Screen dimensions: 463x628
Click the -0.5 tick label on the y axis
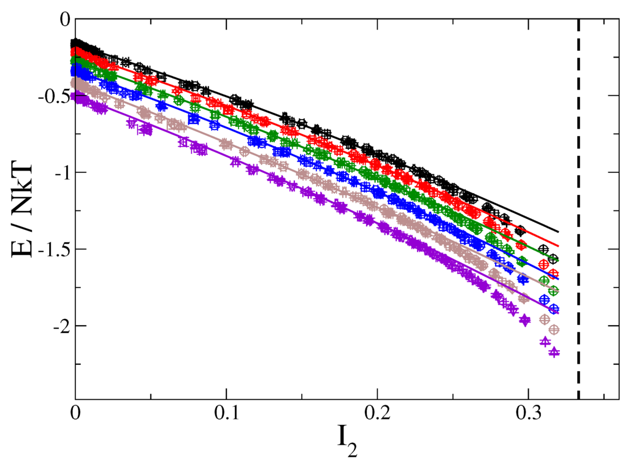tap(52, 96)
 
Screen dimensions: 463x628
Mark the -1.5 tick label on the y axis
tap(52, 250)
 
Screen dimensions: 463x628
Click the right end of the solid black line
tap(559, 232)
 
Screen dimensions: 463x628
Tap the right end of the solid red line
tap(559, 246)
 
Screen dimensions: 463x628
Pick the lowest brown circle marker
tap(554, 330)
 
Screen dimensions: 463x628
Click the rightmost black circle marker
tap(554, 258)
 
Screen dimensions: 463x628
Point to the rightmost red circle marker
tap(554, 273)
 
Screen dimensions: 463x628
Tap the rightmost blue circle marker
tap(554, 308)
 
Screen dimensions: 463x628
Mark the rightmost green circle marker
tap(554, 290)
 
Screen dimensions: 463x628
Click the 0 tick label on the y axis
tap(63, 20)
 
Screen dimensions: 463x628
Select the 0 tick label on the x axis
tap(75, 414)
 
